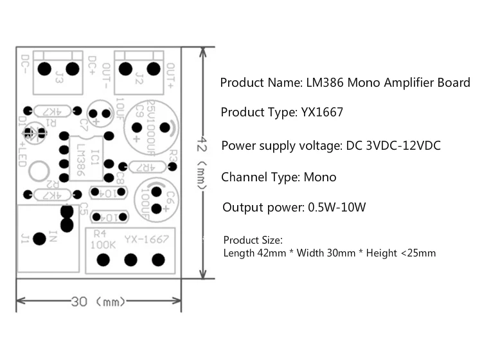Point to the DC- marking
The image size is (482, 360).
coord(24,64)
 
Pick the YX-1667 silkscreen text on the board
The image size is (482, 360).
coord(147,240)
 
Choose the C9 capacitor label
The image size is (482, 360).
coord(136,118)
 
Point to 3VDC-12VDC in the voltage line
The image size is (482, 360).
coord(401,146)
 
